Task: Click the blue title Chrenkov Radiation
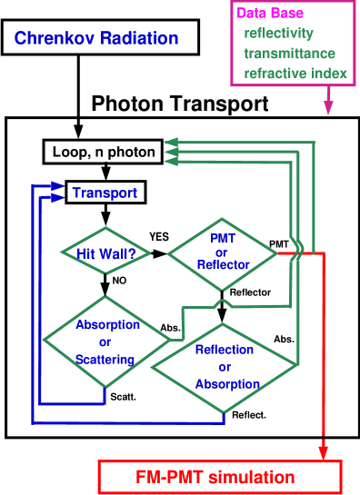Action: pyautogui.click(x=95, y=39)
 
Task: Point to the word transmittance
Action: pyautogui.click(x=290, y=53)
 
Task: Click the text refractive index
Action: pyautogui.click(x=295, y=73)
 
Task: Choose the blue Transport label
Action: pyautogui.click(x=105, y=193)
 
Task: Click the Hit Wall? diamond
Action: pyautogui.click(x=106, y=253)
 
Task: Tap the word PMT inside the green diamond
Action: pyautogui.click(x=223, y=238)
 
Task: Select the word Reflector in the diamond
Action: pyautogui.click(x=223, y=264)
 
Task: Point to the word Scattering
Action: pyautogui.click(x=105, y=360)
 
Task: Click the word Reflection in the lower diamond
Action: pyautogui.click(x=224, y=349)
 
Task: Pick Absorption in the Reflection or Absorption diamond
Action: pyautogui.click(x=226, y=384)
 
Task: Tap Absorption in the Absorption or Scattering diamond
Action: pyautogui.click(x=107, y=324)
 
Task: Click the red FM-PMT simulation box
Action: pyautogui.click(x=219, y=477)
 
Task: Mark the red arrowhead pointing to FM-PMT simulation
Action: pyautogui.click(x=323, y=450)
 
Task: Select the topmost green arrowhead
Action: pyautogui.click(x=171, y=141)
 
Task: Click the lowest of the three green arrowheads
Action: pyautogui.click(x=171, y=161)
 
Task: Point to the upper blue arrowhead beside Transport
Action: pyautogui.click(x=60, y=185)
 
